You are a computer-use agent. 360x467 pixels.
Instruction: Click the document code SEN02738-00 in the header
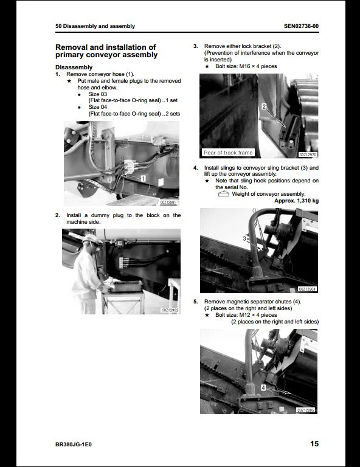click(x=301, y=26)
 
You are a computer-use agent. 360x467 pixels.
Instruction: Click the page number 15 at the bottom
click(x=314, y=444)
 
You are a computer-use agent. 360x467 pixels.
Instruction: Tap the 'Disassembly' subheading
click(x=74, y=67)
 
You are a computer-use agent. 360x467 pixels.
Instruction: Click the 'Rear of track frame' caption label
click(x=228, y=153)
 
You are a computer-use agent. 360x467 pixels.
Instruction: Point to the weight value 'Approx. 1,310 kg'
click(x=296, y=200)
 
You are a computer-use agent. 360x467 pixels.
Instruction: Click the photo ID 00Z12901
click(x=168, y=202)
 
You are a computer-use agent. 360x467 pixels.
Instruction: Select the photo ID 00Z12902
click(x=169, y=310)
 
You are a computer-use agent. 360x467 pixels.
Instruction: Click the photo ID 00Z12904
click(x=307, y=289)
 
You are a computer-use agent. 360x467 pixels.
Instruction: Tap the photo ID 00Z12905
click(x=306, y=410)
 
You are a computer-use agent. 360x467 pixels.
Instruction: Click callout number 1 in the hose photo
click(x=142, y=179)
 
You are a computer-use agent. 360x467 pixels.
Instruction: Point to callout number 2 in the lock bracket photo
click(x=263, y=106)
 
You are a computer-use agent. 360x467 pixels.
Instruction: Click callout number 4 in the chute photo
click(x=263, y=387)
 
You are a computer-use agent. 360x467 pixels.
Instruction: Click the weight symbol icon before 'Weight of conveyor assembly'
click(x=223, y=194)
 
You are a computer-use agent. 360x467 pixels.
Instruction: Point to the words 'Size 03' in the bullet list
click(x=97, y=94)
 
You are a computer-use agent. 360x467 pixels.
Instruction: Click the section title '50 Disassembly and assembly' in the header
click(x=95, y=26)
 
